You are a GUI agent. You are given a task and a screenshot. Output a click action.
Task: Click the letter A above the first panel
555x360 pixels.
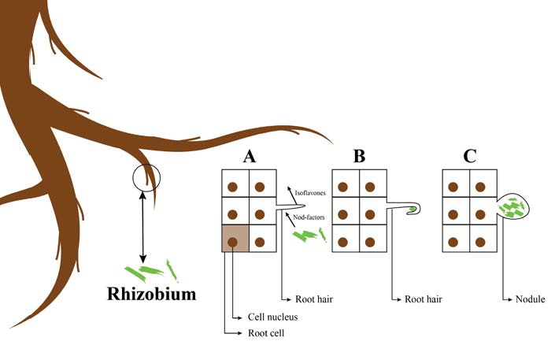(250, 155)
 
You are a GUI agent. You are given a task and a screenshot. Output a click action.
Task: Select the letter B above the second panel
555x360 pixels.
(359, 155)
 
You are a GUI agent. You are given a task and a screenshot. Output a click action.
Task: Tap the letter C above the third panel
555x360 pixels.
(470, 155)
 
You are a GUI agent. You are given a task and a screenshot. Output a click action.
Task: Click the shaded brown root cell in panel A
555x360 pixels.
(233, 238)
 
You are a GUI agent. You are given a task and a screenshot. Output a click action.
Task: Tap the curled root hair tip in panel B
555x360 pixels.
(413, 210)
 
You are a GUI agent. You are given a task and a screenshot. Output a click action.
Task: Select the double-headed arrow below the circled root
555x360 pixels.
(142, 228)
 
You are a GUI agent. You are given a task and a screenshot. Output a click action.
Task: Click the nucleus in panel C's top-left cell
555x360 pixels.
(454, 187)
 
